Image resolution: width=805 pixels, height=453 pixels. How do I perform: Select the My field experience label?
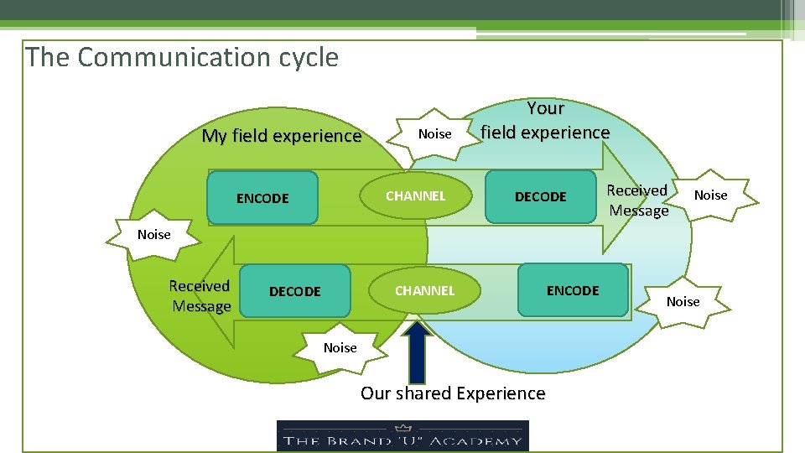[x=281, y=136]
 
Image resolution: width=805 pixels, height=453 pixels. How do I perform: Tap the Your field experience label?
[x=545, y=120]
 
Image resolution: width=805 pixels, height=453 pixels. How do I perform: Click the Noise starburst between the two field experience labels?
[x=434, y=134]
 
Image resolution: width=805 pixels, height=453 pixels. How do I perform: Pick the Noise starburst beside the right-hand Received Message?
[x=710, y=195]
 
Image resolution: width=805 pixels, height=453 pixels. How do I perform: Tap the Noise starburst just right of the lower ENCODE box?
[x=683, y=302]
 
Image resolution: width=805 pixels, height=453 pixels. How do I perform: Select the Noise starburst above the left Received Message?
[x=153, y=235]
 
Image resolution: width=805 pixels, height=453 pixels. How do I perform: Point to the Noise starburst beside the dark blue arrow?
[x=340, y=348]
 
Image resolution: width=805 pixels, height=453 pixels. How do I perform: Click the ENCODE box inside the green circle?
[x=262, y=198]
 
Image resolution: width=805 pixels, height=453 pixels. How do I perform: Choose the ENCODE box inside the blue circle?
[x=573, y=290]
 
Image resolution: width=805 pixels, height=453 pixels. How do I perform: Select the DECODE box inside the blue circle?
[x=540, y=197]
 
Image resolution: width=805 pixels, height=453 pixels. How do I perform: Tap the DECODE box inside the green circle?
[x=294, y=291]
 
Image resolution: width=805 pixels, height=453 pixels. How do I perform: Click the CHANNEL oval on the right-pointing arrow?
[x=415, y=196]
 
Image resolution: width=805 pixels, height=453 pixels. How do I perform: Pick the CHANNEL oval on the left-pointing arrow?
[x=424, y=290]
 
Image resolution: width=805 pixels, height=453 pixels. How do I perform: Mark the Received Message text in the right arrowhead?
[x=637, y=200]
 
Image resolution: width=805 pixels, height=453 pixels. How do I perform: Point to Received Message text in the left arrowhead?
[x=200, y=296]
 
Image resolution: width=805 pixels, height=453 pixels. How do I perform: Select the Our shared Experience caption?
[x=453, y=393]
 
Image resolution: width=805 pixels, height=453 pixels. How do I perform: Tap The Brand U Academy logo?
[x=402, y=435]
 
